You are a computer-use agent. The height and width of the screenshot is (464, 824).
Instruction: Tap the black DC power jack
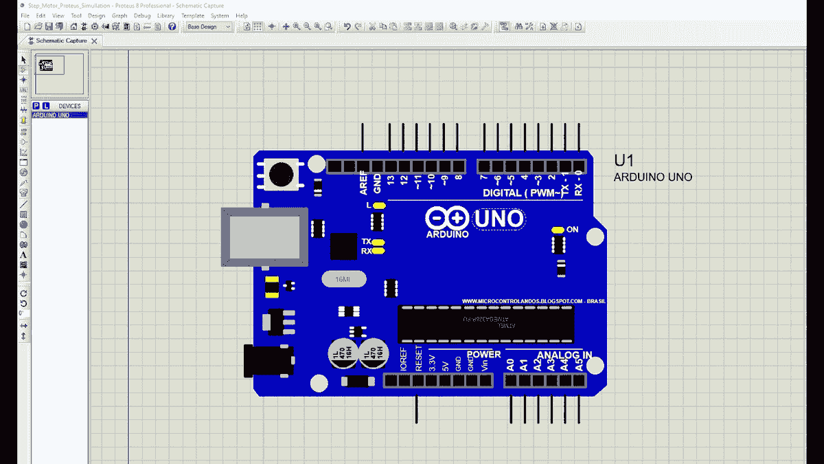(268, 361)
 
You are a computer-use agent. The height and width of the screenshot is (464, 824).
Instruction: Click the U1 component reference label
(623, 161)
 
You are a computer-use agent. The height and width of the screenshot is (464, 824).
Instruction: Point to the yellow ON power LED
(557, 230)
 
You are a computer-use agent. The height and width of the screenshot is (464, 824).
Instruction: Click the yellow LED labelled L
(380, 206)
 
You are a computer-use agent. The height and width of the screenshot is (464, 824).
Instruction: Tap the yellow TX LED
(379, 242)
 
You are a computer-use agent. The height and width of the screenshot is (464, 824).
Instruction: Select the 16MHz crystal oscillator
(343, 280)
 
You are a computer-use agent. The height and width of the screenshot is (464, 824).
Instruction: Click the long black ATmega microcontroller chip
(485, 323)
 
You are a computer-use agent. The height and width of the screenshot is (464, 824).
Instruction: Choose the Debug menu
(142, 15)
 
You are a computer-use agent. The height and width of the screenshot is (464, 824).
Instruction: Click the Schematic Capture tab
(61, 41)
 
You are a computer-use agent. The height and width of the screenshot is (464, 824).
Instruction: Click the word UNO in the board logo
(499, 219)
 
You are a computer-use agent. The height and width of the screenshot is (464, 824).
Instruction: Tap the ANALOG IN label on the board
(564, 355)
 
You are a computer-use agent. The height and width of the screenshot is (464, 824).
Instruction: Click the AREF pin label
(364, 184)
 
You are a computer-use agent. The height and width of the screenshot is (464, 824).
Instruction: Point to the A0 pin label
(510, 364)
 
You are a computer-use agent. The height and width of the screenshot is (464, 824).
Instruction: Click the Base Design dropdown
(209, 27)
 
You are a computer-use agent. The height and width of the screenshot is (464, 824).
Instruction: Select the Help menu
(242, 15)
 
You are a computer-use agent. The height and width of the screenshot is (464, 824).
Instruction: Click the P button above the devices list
(36, 106)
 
